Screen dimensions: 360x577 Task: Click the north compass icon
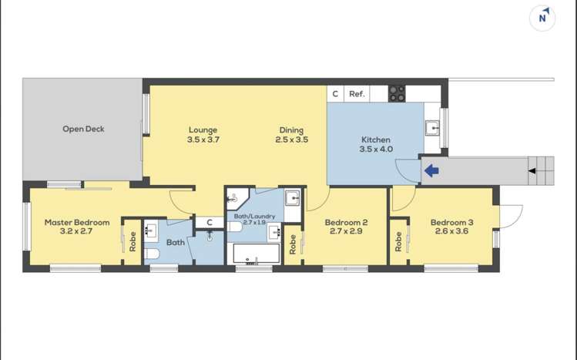[x=544, y=17]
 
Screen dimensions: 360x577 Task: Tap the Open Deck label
[x=83, y=129]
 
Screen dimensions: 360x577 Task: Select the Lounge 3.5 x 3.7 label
[x=203, y=135]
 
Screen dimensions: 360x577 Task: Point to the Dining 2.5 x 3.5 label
[x=291, y=135]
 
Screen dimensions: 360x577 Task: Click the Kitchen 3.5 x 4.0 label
[x=376, y=144]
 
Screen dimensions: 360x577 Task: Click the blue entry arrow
[x=431, y=170]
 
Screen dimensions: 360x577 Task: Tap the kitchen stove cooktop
[x=397, y=93]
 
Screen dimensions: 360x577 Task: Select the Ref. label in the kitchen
[x=356, y=94]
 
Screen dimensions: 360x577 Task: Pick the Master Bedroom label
[x=76, y=226]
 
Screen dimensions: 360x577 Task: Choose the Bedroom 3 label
[x=451, y=226]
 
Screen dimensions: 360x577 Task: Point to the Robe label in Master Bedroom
[x=133, y=242]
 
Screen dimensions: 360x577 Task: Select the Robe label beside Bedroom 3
[x=398, y=242]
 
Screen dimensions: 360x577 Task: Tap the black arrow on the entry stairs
[x=532, y=170]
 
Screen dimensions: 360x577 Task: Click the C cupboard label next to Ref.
[x=334, y=94]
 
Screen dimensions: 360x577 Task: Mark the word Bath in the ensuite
[x=175, y=242]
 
